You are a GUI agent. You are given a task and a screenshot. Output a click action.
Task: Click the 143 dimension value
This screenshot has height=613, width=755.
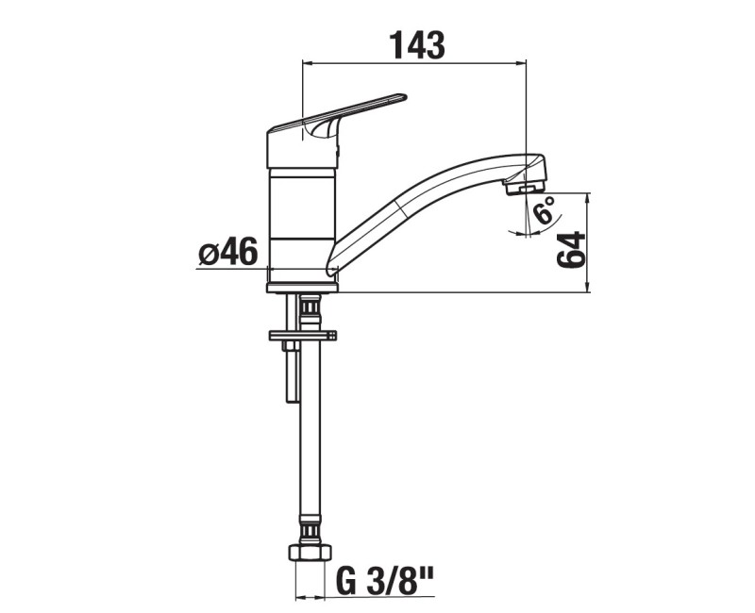[417, 45]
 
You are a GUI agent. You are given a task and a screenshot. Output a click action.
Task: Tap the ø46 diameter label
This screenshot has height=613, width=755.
[228, 252]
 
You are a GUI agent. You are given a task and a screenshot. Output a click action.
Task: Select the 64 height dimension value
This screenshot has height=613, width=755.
[571, 250]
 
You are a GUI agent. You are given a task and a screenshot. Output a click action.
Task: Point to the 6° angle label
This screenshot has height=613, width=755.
[545, 210]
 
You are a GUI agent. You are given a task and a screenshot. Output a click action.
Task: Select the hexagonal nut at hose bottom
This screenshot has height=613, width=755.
[310, 553]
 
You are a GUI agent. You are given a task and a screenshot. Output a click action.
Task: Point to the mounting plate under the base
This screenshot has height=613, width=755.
[302, 335]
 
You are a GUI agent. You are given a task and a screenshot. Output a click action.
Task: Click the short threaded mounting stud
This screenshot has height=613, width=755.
[292, 346]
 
